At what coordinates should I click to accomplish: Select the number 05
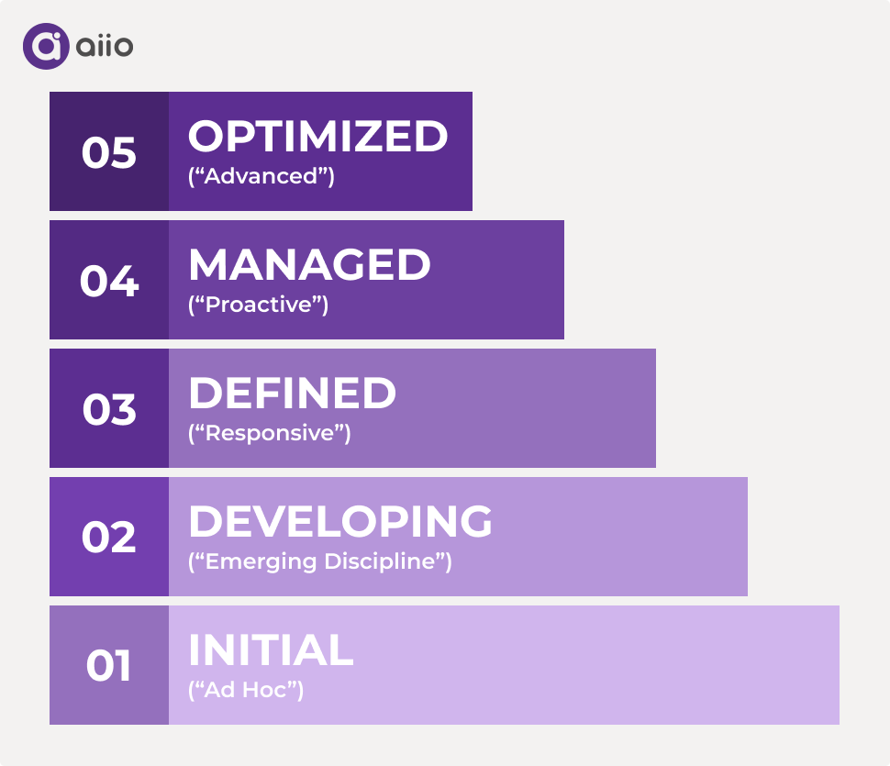point(109,152)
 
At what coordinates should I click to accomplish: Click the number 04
point(109,281)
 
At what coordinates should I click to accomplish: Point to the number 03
point(109,409)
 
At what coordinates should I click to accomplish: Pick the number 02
point(109,538)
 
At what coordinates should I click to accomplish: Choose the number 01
point(109,666)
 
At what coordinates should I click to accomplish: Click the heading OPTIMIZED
point(317,137)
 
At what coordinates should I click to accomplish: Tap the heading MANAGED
point(309,265)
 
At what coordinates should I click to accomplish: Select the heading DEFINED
point(292,394)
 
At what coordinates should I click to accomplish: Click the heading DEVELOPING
point(339,522)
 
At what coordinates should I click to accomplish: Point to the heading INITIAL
point(271,650)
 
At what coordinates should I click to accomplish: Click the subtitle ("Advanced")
point(261,176)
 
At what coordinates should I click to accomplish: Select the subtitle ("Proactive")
point(259,305)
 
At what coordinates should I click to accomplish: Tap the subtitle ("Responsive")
point(270,433)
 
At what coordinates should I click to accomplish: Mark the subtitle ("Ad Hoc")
point(246,690)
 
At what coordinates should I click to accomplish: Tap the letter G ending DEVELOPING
point(474,522)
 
